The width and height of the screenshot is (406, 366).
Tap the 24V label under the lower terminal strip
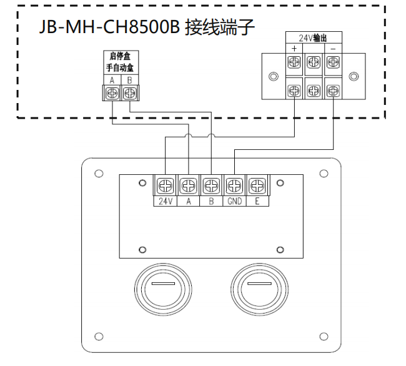165,201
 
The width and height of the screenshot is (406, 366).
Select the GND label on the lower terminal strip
234,201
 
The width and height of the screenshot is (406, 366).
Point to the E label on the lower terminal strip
257,201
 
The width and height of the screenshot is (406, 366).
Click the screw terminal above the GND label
234,185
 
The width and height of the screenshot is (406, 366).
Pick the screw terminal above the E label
257,185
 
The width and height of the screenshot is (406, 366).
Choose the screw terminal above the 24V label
165,185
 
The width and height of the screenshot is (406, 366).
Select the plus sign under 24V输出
293,47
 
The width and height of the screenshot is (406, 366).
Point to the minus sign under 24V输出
334,47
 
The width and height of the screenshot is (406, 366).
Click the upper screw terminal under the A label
112,93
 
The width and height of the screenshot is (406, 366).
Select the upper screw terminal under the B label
129,93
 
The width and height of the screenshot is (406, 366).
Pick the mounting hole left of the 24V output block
273,77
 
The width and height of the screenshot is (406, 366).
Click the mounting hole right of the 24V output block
354,77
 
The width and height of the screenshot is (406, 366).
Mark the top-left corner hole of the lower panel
98,173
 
